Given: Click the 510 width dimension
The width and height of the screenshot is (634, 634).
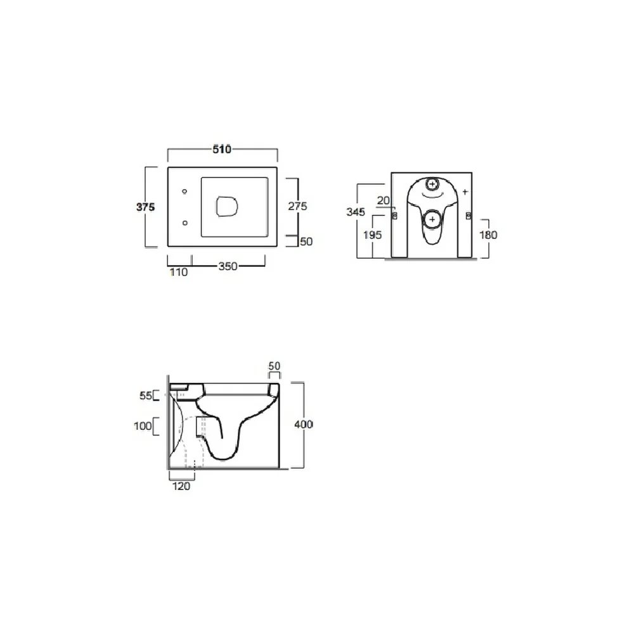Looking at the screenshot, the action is (x=222, y=149).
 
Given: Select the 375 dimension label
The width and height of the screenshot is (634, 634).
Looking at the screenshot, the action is (x=146, y=207).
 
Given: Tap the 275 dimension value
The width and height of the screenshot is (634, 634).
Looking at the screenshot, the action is (x=297, y=206).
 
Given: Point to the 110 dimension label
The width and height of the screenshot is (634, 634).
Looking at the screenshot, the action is (x=179, y=272).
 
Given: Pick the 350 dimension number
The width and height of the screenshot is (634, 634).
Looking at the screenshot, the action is (x=228, y=266).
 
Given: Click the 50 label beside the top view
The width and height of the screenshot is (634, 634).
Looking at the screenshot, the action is (x=306, y=242).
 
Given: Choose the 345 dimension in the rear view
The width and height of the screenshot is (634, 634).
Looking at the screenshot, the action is (x=356, y=212).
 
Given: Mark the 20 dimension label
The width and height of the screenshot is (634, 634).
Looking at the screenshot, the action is (x=384, y=200).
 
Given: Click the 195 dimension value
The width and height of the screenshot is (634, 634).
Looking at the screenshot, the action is (x=372, y=235).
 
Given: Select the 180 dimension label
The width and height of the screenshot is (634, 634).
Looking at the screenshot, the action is (x=488, y=235).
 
